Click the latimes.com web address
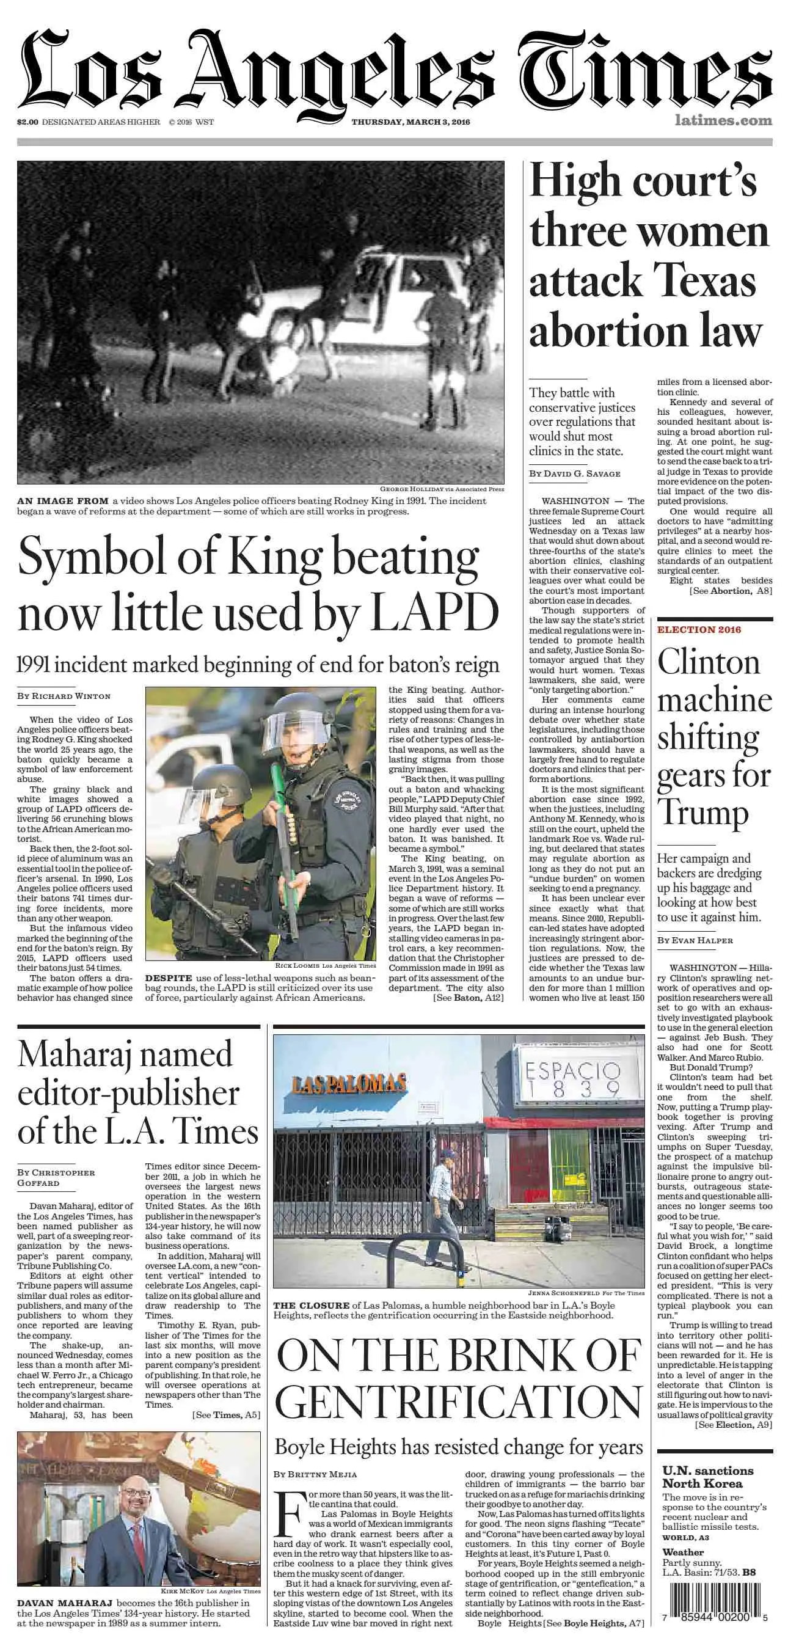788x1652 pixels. [x=723, y=120]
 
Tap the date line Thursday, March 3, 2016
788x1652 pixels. [x=410, y=122]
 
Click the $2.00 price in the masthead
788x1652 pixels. [x=27, y=122]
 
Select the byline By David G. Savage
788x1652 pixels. [x=574, y=473]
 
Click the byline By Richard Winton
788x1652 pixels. [x=64, y=696]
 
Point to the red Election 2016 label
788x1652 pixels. [x=699, y=629]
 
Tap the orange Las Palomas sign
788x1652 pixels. [x=349, y=1083]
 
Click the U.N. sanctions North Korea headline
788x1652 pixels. [x=702, y=1477]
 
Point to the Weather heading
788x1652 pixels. [x=683, y=1552]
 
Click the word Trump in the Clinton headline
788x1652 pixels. [x=702, y=813]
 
